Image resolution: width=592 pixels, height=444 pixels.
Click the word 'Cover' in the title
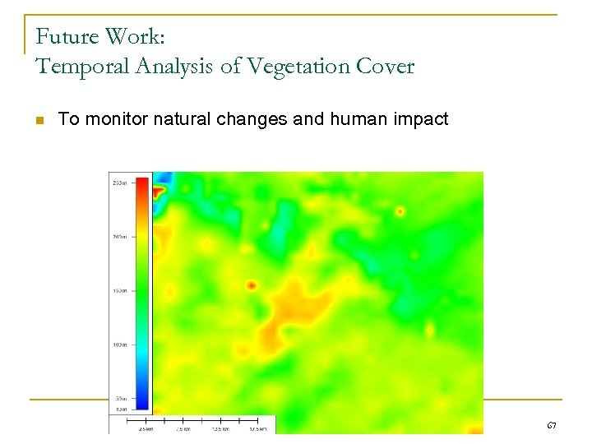(x=385, y=67)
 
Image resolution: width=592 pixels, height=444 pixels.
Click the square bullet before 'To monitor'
(x=39, y=120)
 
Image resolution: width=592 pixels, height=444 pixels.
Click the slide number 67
(x=551, y=425)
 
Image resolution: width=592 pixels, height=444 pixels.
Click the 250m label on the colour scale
(x=119, y=183)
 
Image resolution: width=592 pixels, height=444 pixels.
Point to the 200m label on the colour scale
(x=119, y=237)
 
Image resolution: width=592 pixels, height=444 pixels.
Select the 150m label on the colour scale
(x=119, y=290)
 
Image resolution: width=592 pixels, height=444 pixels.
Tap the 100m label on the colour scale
(x=119, y=345)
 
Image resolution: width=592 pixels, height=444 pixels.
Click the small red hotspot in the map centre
(x=251, y=286)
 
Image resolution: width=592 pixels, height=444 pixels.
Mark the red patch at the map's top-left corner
(x=158, y=191)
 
